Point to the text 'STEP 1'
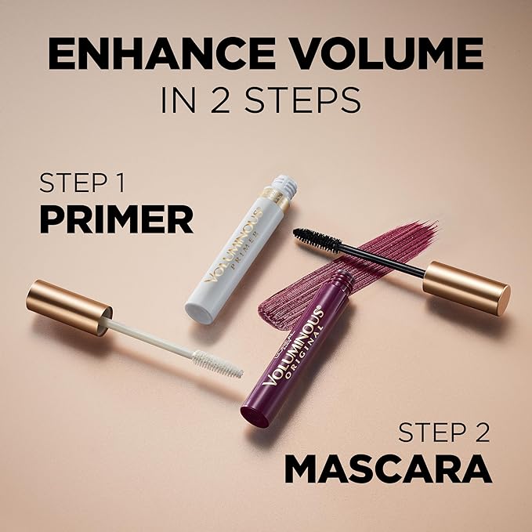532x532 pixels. (82, 186)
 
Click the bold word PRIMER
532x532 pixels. (116, 220)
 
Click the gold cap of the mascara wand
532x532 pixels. (466, 287)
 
